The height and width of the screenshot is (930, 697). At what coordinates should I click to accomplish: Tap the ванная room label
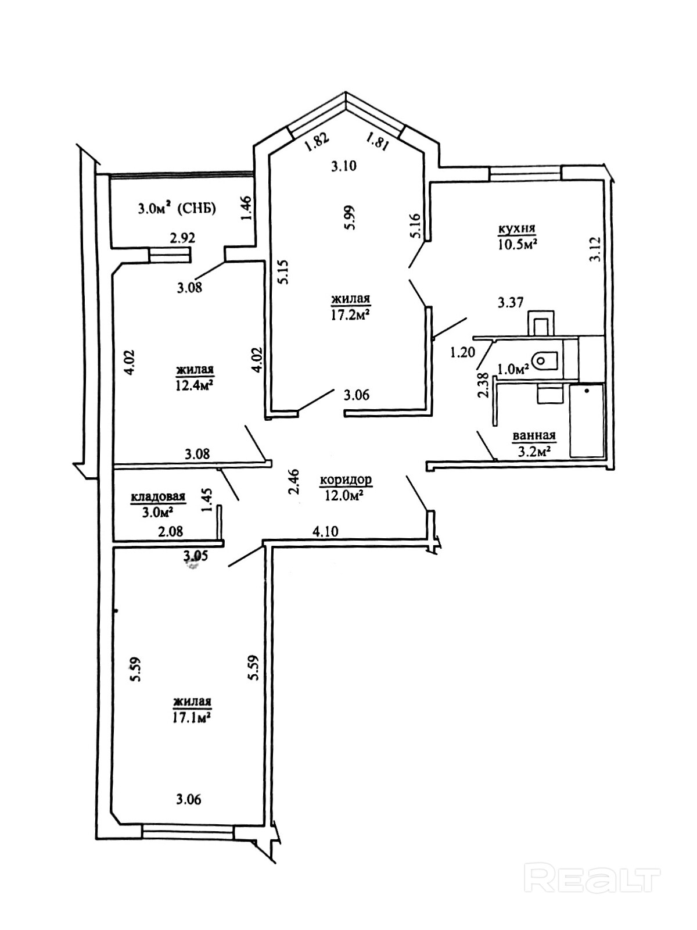(x=533, y=435)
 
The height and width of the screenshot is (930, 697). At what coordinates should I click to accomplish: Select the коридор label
(x=346, y=480)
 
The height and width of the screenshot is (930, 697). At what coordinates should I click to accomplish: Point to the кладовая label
(x=158, y=496)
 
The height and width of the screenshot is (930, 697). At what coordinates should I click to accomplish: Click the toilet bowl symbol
(x=547, y=361)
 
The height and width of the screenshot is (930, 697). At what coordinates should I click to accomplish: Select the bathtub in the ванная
(x=587, y=420)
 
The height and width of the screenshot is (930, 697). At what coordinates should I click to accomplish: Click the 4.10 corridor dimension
(x=325, y=531)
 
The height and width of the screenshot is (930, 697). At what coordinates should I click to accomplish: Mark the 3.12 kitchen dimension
(x=595, y=250)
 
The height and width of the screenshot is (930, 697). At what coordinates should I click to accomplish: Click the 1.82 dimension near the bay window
(x=317, y=142)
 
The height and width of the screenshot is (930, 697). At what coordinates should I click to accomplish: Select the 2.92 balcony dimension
(x=182, y=237)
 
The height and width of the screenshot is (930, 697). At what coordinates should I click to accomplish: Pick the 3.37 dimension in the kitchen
(x=511, y=303)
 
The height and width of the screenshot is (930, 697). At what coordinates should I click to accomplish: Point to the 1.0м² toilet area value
(x=513, y=369)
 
